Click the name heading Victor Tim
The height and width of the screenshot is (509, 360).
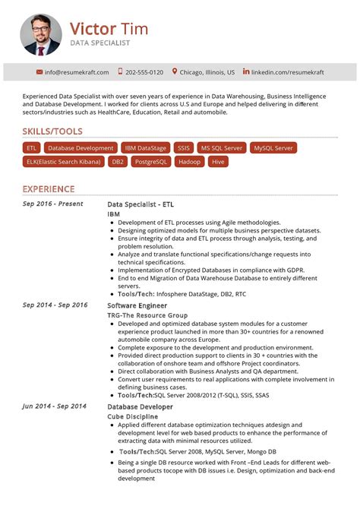tap(109, 29)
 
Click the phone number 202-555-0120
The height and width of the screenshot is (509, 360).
tap(144, 72)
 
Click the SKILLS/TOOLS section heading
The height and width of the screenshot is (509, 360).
tap(52, 131)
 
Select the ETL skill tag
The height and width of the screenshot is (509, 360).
tap(31, 148)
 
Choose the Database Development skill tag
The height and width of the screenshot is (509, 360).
tap(80, 148)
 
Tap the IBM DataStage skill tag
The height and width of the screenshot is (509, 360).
tap(145, 148)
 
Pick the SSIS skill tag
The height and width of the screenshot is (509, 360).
tap(183, 148)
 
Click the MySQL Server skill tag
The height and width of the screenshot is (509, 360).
tap(273, 148)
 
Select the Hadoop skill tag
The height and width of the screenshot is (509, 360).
tap(189, 162)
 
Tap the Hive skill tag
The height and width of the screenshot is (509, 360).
tap(218, 162)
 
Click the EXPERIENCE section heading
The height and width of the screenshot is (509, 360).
tap(49, 189)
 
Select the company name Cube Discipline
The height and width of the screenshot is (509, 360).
tap(133, 416)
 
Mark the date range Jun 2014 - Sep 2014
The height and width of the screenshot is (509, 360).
tap(55, 406)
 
